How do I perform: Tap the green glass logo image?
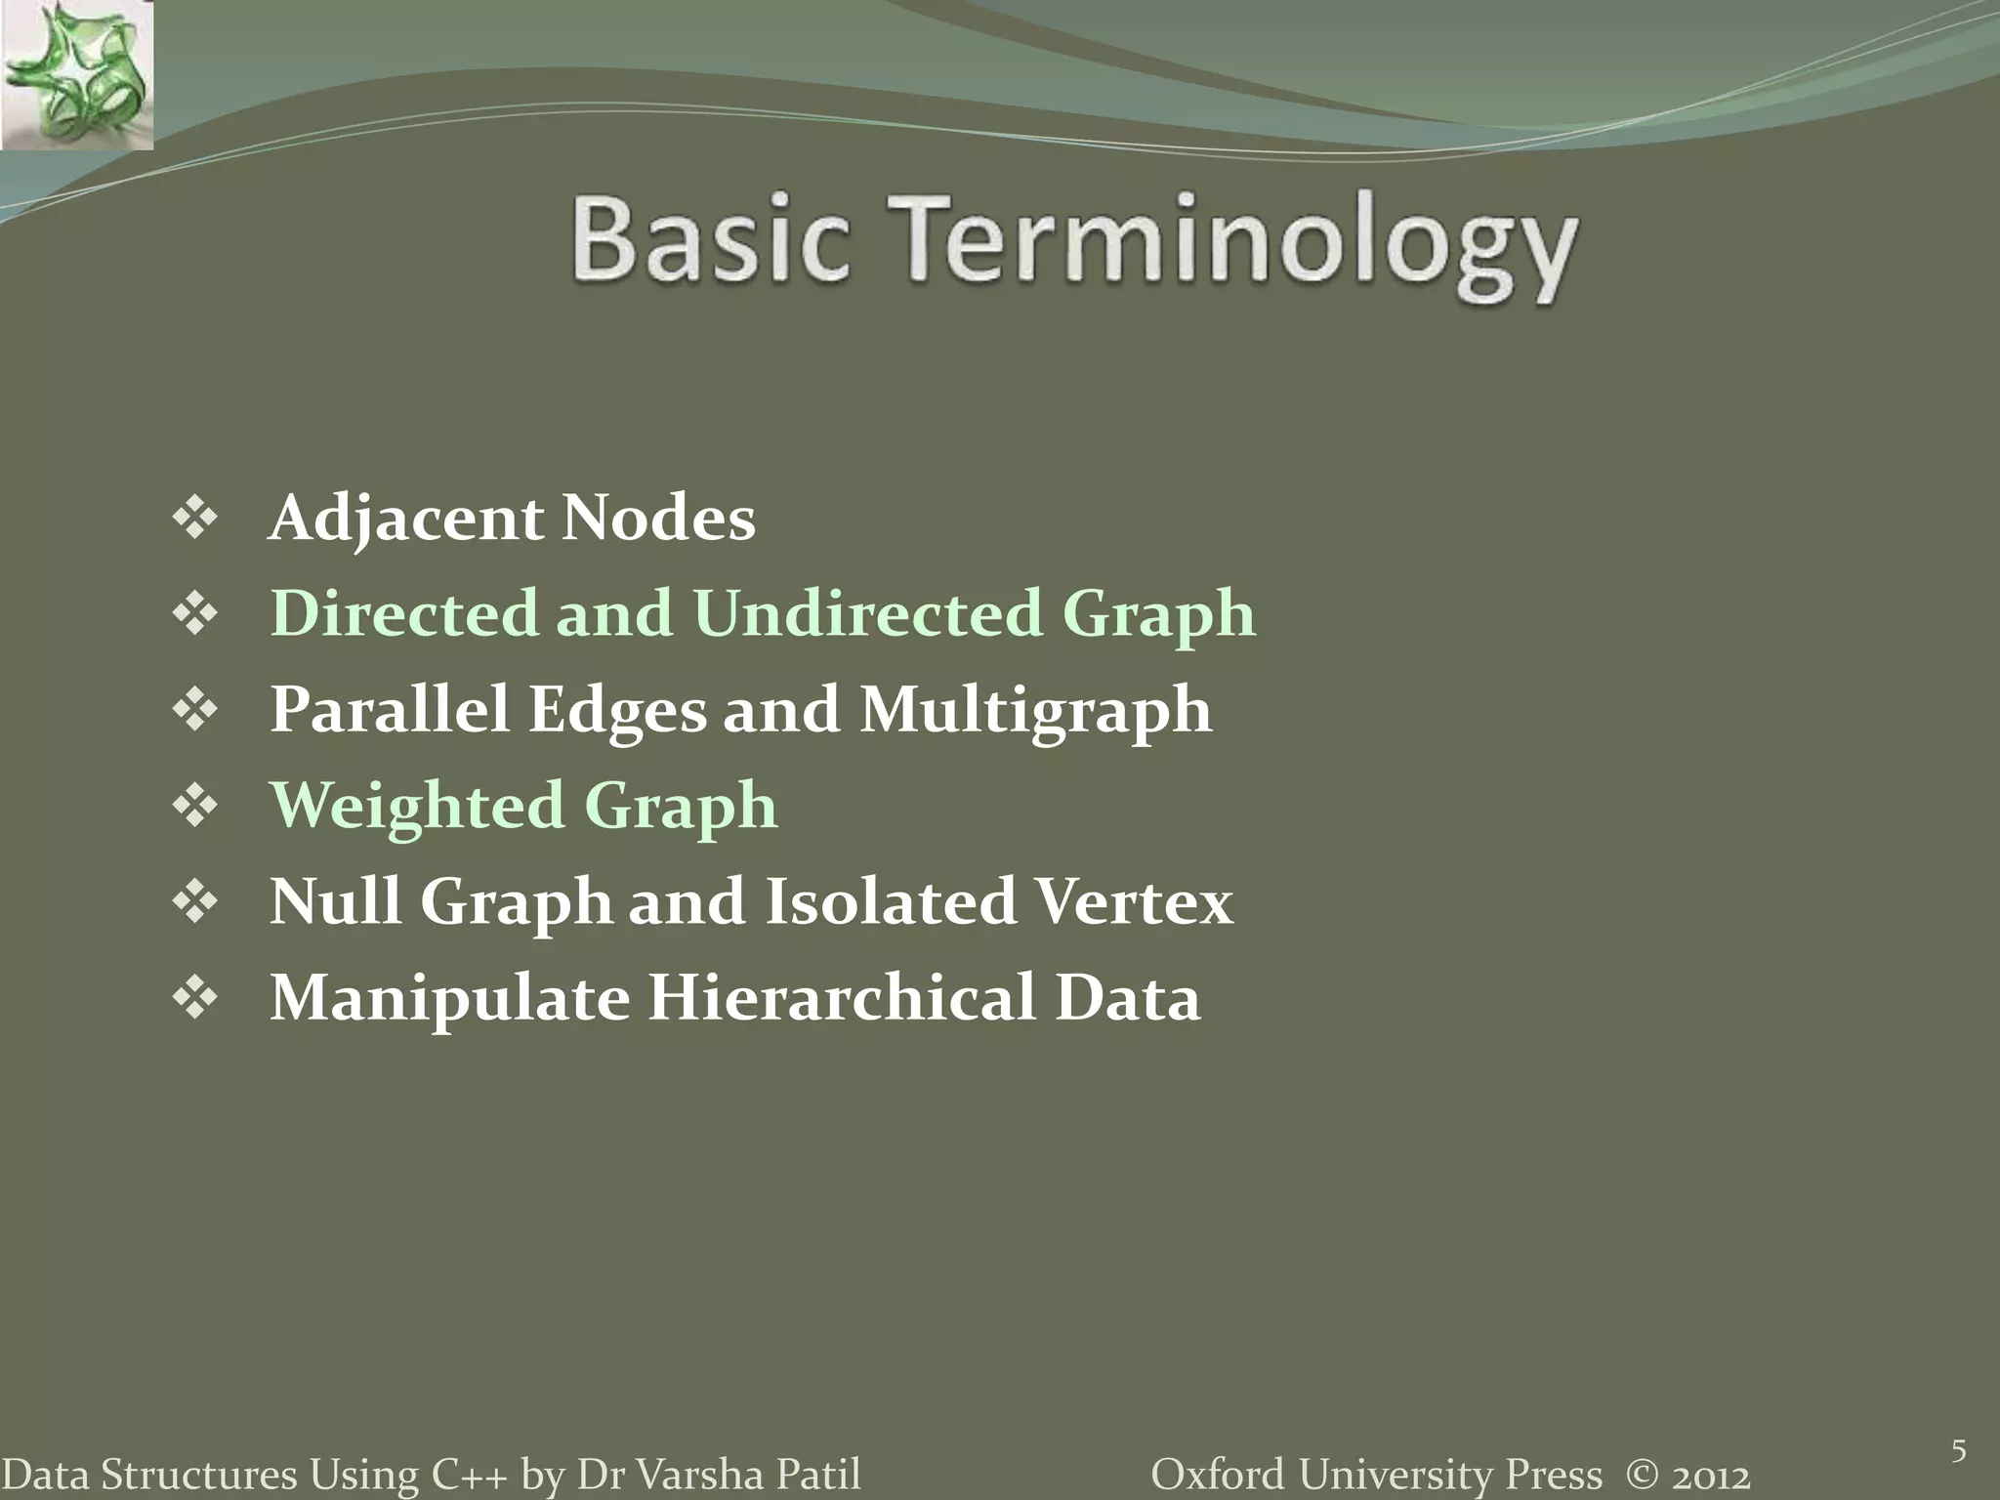point(76,75)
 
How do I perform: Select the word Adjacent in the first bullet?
point(405,518)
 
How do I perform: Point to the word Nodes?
point(658,518)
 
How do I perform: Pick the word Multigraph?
point(1035,710)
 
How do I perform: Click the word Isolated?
point(890,900)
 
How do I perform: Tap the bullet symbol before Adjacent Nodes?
point(195,519)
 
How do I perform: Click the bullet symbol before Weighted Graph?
point(195,806)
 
